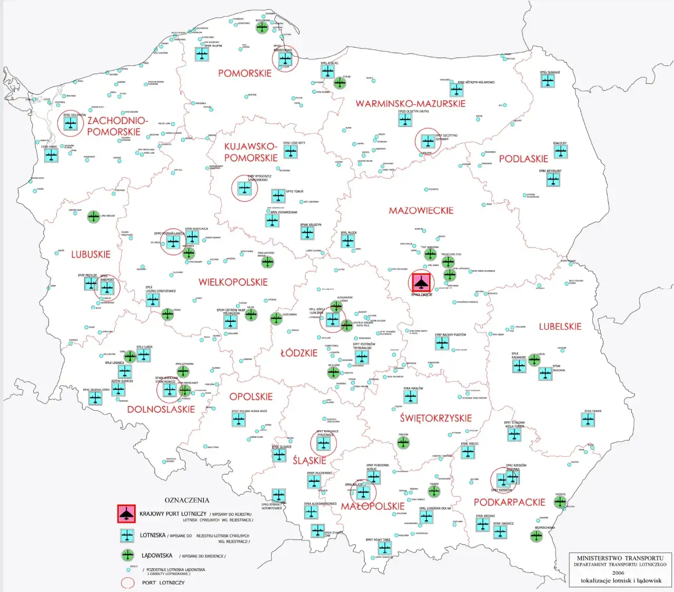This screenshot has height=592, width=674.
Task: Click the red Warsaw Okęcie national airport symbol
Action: [x=420, y=282]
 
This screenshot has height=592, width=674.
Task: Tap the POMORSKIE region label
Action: [x=245, y=73]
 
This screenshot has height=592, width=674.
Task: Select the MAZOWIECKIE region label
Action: [x=421, y=211]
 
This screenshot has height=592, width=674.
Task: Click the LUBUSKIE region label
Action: [x=91, y=254]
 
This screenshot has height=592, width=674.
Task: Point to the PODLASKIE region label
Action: [x=523, y=159]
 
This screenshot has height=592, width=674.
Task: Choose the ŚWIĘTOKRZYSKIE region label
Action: [x=435, y=418]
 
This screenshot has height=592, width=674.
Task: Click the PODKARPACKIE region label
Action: [x=509, y=502]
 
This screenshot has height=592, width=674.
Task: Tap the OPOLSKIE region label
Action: [x=251, y=397]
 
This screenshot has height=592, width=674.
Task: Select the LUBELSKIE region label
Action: [x=560, y=327]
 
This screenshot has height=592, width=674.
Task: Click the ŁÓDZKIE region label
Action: [x=299, y=353]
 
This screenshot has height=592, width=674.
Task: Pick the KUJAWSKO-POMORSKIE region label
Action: [x=251, y=152]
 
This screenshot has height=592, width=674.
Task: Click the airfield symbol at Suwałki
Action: [x=548, y=81]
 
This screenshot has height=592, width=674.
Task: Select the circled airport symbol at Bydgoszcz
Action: [x=244, y=189]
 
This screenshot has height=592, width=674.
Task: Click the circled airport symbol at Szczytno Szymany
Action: [x=427, y=141]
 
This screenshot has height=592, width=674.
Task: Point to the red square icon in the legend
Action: [x=126, y=514]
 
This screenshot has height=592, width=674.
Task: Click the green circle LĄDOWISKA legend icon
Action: [x=127, y=555]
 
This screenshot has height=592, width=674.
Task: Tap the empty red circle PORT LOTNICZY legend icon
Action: [x=128, y=583]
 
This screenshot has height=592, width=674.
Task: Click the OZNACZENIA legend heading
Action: [x=187, y=500]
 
